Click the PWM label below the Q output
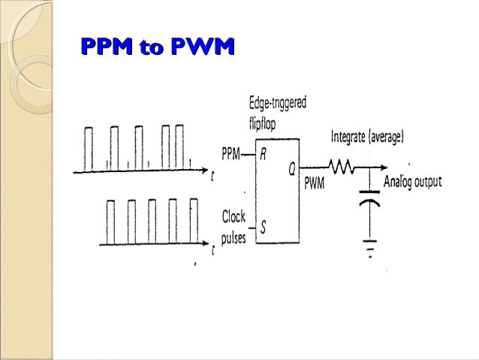pos(315,183)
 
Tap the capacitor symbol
pos(369,201)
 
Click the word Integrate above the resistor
pos(351,138)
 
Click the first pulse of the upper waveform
pos(89,149)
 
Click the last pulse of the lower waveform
pos(194,222)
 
